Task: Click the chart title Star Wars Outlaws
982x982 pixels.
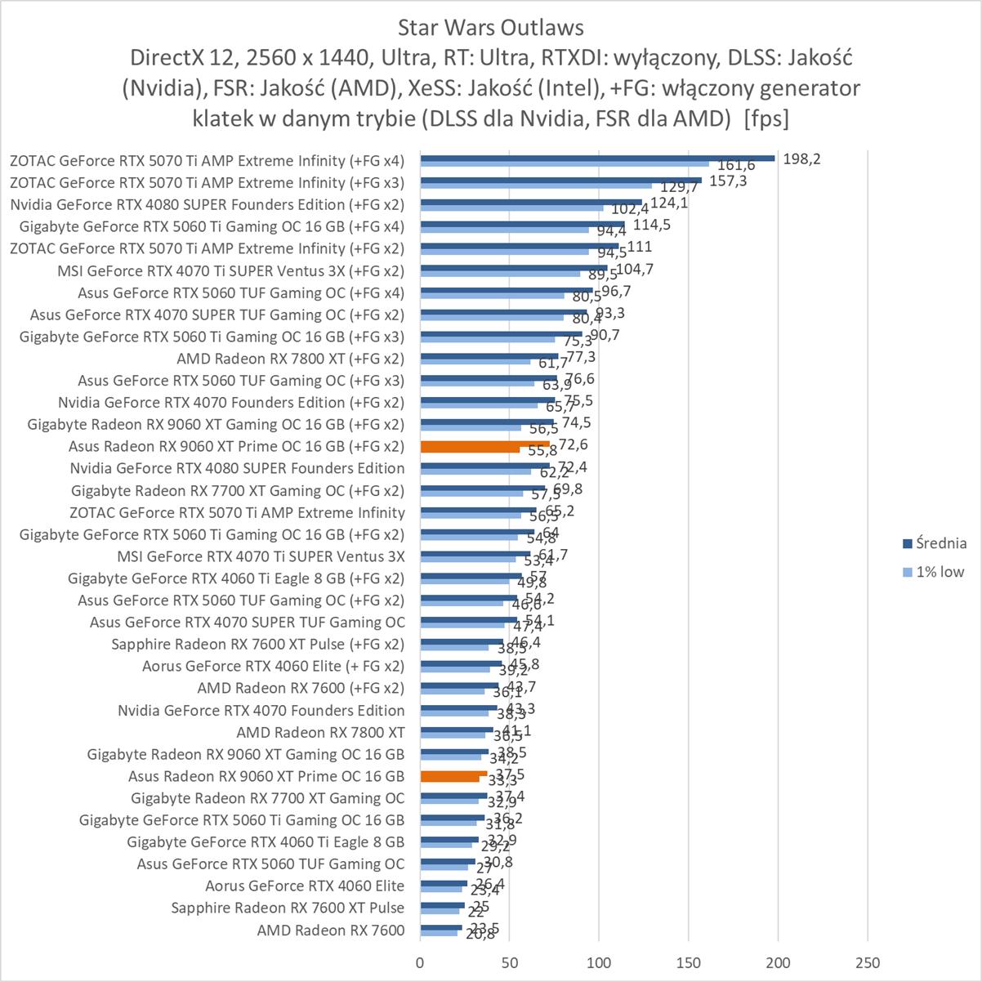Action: click(490, 28)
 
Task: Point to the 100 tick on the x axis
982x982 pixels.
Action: click(599, 962)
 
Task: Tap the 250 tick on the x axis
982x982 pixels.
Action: click(868, 962)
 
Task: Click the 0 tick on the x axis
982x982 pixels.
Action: click(420, 962)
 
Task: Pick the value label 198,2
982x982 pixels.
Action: click(801, 158)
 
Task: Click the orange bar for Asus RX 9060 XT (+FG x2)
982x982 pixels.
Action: click(484, 445)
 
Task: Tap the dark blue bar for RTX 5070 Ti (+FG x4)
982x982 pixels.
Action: click(596, 158)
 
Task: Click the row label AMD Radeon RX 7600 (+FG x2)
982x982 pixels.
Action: click(301, 688)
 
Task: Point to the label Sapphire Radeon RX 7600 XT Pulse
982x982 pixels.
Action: click(288, 908)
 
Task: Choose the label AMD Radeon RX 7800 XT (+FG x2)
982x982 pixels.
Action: click(290, 359)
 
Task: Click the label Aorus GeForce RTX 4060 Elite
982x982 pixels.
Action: click(305, 886)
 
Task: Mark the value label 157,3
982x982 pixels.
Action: click(727, 181)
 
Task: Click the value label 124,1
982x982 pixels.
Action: click(669, 203)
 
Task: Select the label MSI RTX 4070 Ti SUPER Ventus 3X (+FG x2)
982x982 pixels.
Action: click(230, 270)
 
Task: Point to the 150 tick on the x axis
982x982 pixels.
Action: click(689, 962)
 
